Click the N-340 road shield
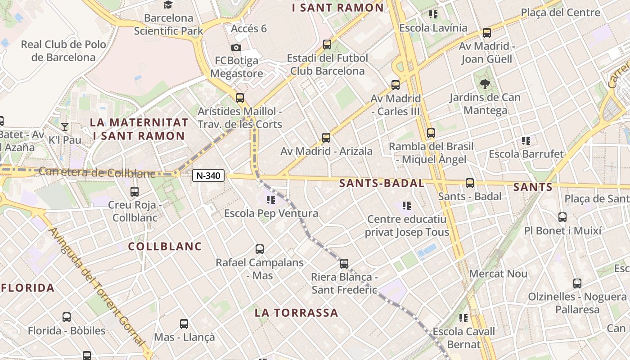click(x=209, y=175)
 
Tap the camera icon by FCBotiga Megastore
click(x=236, y=47)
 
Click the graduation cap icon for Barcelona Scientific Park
click(x=168, y=5)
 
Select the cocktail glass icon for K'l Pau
click(x=65, y=126)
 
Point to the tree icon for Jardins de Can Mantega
click(x=485, y=84)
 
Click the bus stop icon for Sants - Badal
click(x=470, y=183)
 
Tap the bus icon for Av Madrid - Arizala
click(x=326, y=138)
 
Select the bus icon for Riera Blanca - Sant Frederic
click(x=344, y=264)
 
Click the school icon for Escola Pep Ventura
click(x=270, y=200)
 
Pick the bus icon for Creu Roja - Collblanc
click(x=135, y=192)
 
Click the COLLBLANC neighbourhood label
click(x=165, y=247)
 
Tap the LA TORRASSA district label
click(x=296, y=313)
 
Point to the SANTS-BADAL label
click(x=382, y=183)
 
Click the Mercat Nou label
click(x=498, y=274)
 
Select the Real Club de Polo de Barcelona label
click(x=63, y=51)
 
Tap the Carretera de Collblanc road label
click(x=96, y=172)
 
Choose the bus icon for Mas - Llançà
click(x=184, y=324)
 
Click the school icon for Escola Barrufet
click(x=526, y=141)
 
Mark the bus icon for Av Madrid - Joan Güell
click(x=487, y=33)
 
